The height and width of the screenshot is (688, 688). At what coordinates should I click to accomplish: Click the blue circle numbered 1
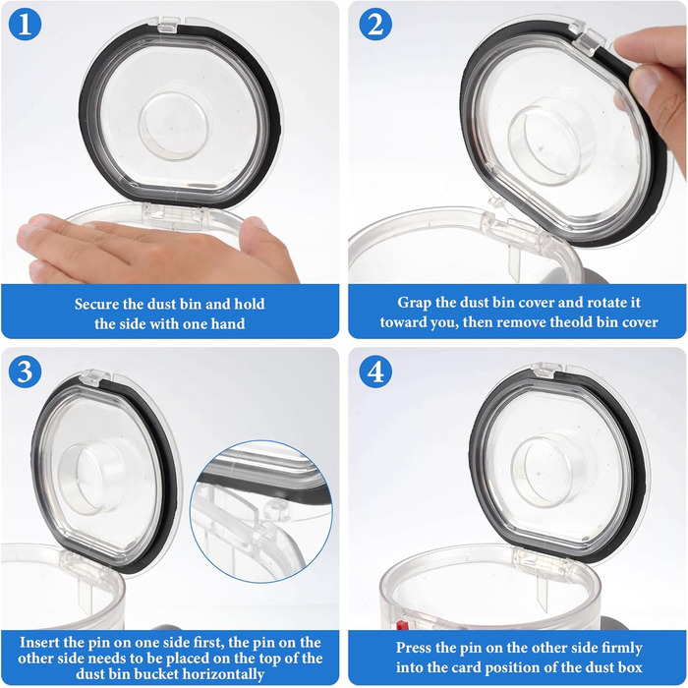click(25, 25)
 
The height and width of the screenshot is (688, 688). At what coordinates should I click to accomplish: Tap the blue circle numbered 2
click(375, 25)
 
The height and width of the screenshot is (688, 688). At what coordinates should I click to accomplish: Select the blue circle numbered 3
click(25, 372)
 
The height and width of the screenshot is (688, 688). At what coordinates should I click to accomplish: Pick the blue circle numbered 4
click(375, 372)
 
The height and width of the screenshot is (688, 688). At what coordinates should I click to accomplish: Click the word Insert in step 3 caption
click(39, 643)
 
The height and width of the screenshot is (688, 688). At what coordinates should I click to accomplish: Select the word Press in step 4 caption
click(414, 648)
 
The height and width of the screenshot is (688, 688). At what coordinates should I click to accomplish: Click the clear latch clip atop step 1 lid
click(168, 25)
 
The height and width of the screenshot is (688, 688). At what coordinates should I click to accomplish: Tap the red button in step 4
click(400, 624)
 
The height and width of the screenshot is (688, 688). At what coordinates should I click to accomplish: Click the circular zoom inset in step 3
click(261, 512)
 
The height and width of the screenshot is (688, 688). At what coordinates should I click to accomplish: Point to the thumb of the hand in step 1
click(265, 248)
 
